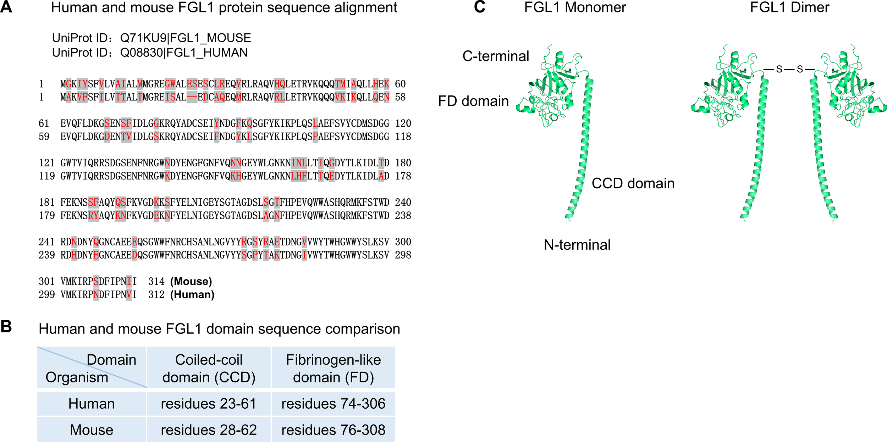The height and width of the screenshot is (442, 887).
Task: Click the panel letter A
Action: coord(6,7)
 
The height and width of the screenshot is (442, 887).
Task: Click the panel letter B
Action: coord(6,326)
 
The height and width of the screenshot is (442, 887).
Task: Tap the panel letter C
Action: coord(479,7)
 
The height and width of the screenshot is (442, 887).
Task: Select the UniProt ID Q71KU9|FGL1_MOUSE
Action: coord(186,38)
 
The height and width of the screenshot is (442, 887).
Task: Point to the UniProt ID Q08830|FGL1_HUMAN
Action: coord(184,53)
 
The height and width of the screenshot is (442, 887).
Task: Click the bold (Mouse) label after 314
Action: coord(191,281)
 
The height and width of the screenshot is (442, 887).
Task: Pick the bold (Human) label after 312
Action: coord(192,295)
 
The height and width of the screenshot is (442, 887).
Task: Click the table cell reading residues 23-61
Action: coord(209,404)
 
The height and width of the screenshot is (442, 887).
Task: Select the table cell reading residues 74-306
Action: coord(333,404)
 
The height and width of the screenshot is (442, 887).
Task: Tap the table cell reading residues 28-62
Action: coord(209,430)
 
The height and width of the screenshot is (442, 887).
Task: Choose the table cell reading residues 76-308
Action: coord(333,430)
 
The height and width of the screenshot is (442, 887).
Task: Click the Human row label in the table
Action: coord(92,404)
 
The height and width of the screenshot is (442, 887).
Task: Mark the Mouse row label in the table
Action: coord(92,430)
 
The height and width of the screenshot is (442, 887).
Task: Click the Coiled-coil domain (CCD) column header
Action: coord(209,368)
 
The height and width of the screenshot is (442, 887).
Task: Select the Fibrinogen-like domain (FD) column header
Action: coord(333,368)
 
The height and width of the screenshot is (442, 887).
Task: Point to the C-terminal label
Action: coord(496,56)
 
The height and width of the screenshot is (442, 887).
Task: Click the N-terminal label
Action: coord(577,245)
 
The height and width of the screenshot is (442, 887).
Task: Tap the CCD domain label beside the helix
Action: coord(633,183)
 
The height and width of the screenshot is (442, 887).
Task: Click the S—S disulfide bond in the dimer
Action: coord(789,69)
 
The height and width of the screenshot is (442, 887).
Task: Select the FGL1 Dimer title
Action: coord(789,7)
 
